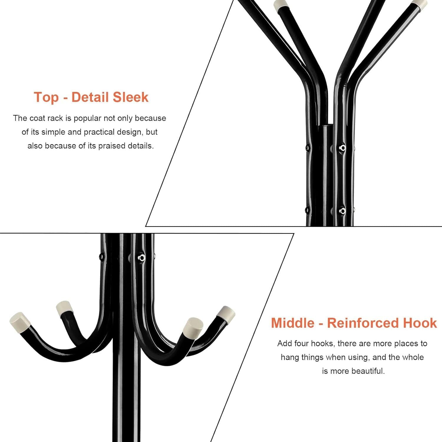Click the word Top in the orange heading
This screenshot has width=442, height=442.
[46, 98]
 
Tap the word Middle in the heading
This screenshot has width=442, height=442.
[293, 323]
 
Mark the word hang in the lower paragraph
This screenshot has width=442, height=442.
[290, 358]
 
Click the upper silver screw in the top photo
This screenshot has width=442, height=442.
[342, 147]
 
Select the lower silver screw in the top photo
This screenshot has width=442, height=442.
[342, 211]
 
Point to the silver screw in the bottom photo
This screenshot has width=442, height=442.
[142, 258]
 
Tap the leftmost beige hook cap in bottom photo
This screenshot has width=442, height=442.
[19, 322]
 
